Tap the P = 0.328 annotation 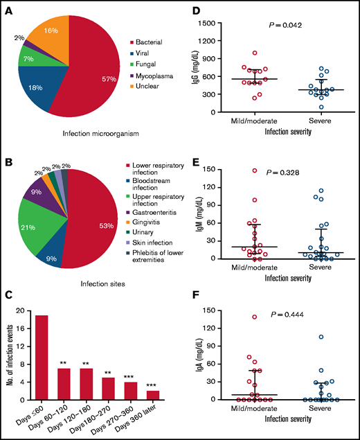[282, 175]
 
